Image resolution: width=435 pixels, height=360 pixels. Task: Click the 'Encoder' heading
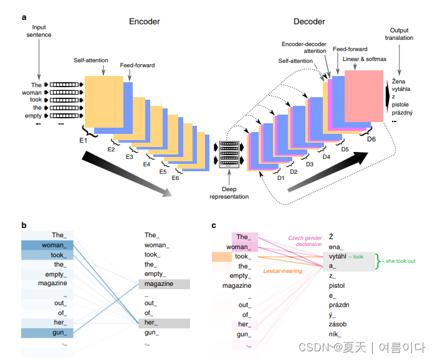144,22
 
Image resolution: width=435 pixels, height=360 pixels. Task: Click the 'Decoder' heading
309,22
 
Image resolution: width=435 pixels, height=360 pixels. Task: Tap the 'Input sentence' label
39,31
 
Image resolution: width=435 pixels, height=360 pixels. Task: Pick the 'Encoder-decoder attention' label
304,47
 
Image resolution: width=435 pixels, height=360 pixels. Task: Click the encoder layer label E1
82,142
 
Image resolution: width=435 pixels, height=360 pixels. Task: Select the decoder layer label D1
280,178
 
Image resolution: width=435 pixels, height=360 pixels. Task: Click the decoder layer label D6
371,138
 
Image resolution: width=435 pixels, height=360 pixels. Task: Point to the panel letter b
24,225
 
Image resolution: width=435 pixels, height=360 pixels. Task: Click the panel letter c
214,225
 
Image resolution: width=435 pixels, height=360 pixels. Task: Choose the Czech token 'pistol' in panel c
338,285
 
